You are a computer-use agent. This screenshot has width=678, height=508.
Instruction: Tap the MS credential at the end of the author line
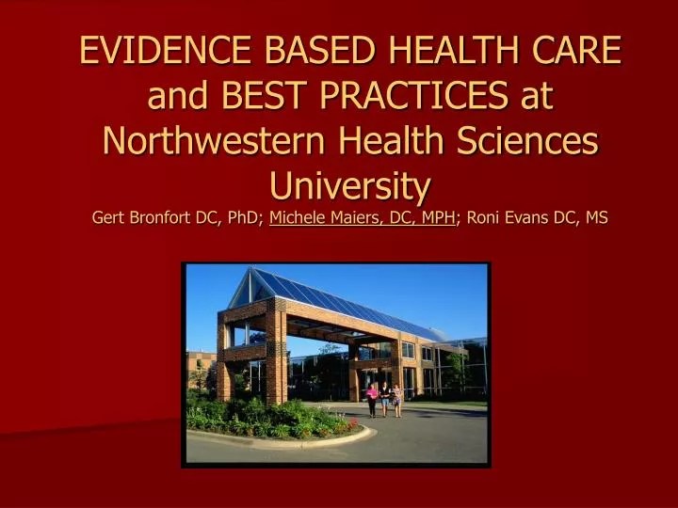click(596, 218)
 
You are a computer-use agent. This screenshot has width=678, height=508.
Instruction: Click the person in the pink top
click(373, 397)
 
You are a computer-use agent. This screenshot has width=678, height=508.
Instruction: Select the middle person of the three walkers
click(384, 398)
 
